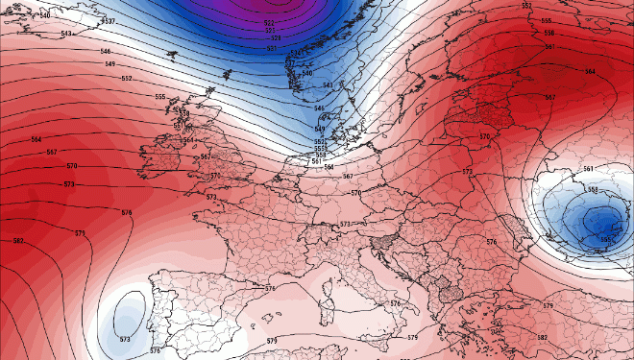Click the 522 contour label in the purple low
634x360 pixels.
pos(269,22)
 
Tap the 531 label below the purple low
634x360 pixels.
pos(271,48)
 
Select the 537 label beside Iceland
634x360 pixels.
pos(110,21)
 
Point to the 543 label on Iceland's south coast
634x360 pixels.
pos(66,35)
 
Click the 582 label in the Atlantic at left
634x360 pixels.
pos(17,240)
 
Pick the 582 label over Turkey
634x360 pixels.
pos(542,338)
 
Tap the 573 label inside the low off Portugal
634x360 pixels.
pos(125,339)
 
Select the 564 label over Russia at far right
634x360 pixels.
pos(589,72)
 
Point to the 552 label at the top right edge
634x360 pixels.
pos(526,6)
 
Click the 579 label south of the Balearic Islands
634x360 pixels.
pos(272,341)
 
